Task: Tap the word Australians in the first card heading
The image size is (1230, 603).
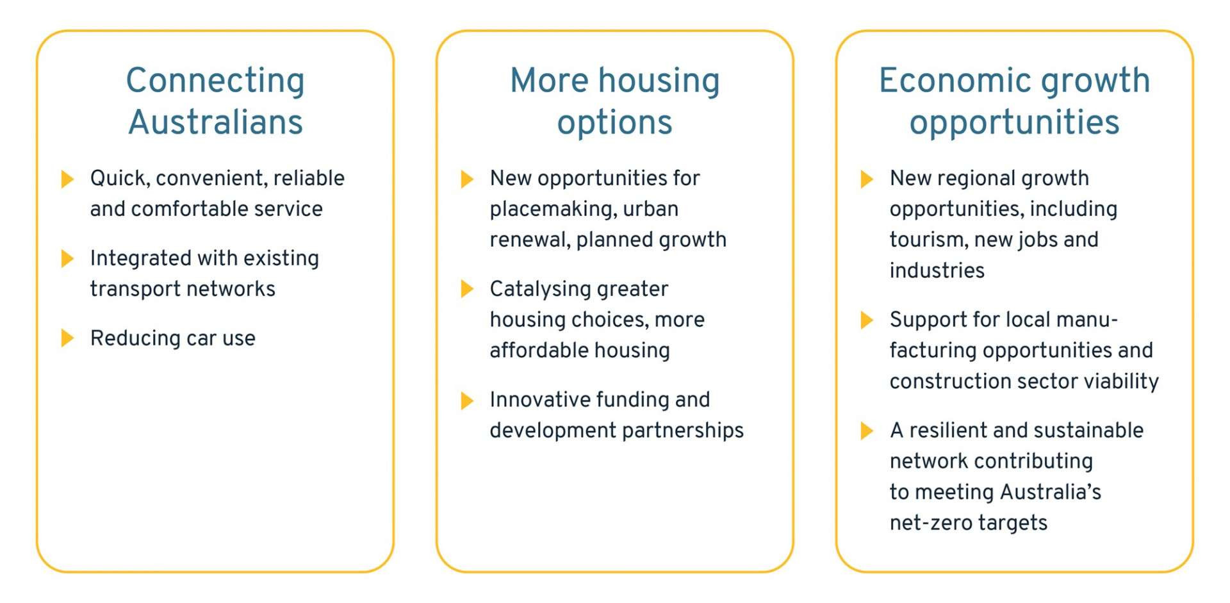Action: (x=215, y=122)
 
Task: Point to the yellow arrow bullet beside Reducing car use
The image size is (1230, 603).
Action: (x=67, y=338)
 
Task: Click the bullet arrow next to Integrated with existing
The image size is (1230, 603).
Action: (x=67, y=258)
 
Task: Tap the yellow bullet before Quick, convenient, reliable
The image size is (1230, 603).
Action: (x=67, y=179)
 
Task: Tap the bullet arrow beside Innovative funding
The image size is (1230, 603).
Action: (x=467, y=401)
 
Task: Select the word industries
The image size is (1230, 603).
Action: (x=937, y=270)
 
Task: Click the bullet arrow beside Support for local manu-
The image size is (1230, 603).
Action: (x=867, y=320)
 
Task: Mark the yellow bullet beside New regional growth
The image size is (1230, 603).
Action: (x=867, y=179)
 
